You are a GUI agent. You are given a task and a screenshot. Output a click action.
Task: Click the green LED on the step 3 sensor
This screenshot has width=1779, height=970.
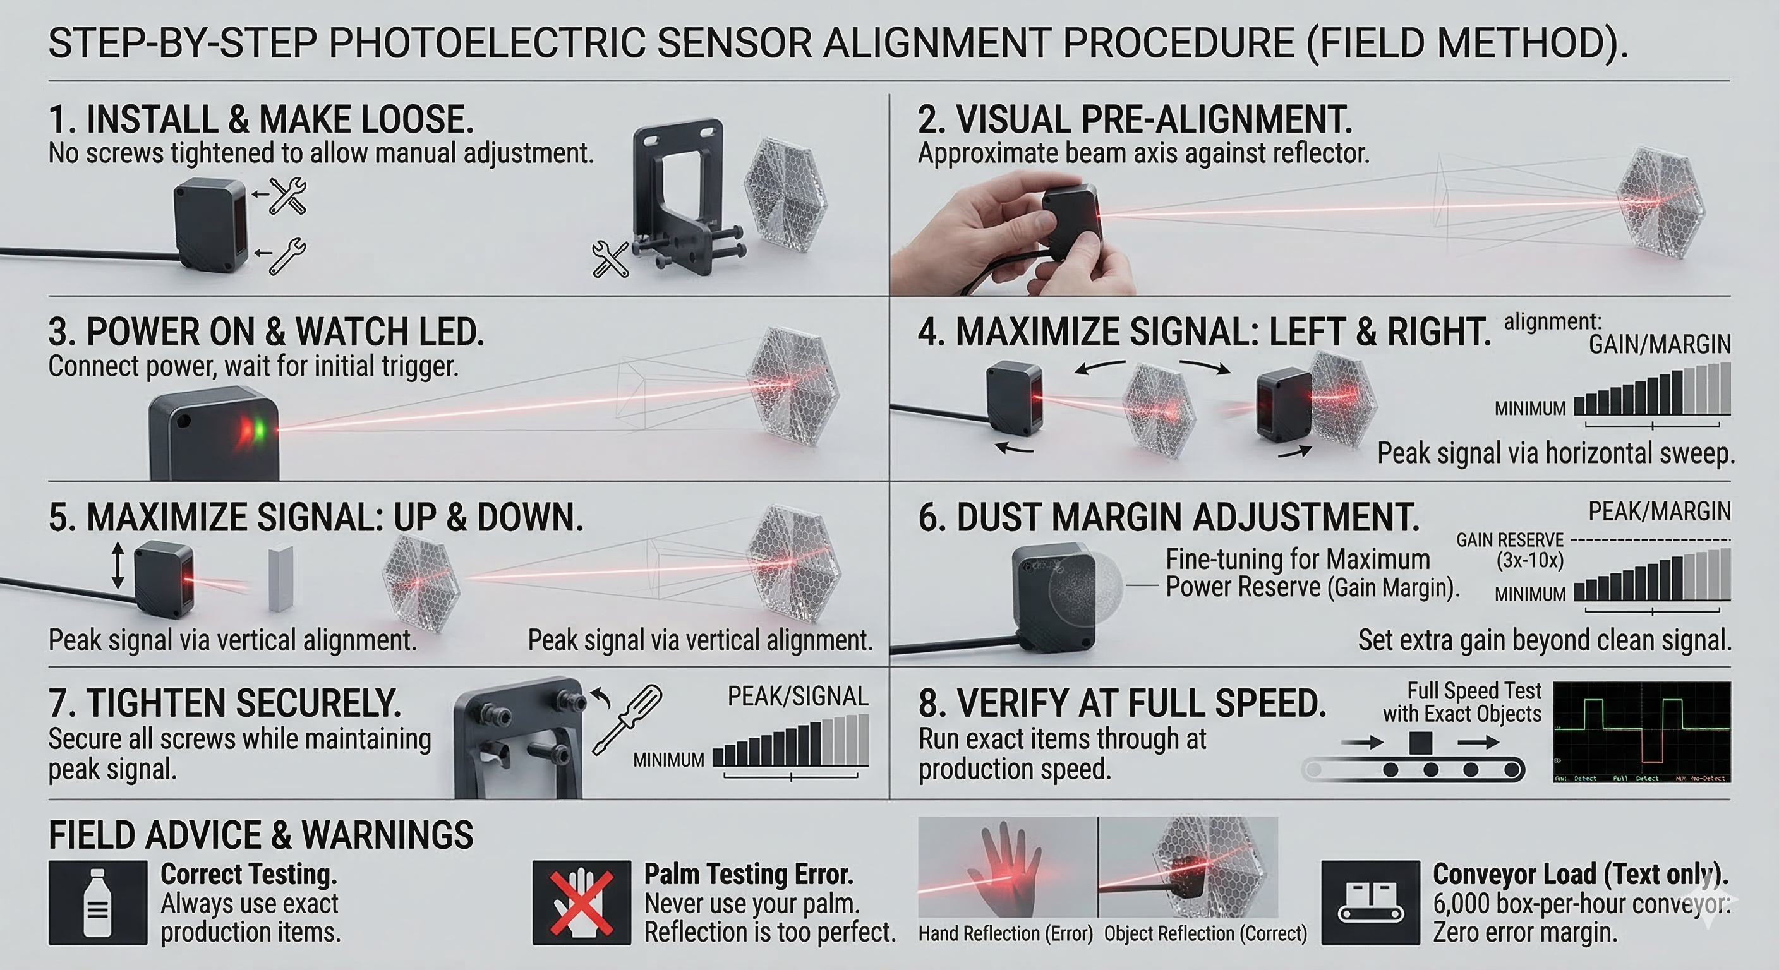pos(260,430)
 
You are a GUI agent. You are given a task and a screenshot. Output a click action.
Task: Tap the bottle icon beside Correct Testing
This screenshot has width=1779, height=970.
pos(97,902)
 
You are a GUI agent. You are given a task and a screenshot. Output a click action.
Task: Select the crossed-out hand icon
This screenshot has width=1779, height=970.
pos(581,902)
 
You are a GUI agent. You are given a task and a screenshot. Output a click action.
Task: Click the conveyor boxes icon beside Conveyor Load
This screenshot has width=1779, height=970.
pos(1370,902)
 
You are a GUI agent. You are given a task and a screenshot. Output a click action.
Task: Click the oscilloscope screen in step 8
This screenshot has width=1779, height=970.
pos(1641,732)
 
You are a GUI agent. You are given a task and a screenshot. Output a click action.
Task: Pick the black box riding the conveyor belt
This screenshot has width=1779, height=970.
pos(1420,743)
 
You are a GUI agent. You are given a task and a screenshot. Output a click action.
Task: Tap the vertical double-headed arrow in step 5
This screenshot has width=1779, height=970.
pos(118,565)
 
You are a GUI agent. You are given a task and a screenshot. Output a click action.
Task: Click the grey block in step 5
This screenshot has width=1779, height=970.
pos(280,578)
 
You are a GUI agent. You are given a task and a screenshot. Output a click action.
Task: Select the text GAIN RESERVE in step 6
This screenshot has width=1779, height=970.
pos(1510,540)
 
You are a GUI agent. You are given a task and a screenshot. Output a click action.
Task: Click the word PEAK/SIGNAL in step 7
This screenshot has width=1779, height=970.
pos(798,697)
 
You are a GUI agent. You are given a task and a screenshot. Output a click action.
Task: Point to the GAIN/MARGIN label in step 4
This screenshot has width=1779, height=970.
pos(1660,344)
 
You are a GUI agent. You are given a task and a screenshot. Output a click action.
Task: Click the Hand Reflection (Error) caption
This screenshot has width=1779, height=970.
pos(1006,934)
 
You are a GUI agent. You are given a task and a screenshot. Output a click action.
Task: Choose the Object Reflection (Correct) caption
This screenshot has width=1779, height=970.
pos(1205,934)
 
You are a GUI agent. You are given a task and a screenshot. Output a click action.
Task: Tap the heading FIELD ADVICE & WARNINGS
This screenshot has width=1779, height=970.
pos(260,835)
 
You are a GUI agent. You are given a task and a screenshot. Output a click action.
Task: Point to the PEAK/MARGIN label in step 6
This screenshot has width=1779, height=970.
pos(1660,512)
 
